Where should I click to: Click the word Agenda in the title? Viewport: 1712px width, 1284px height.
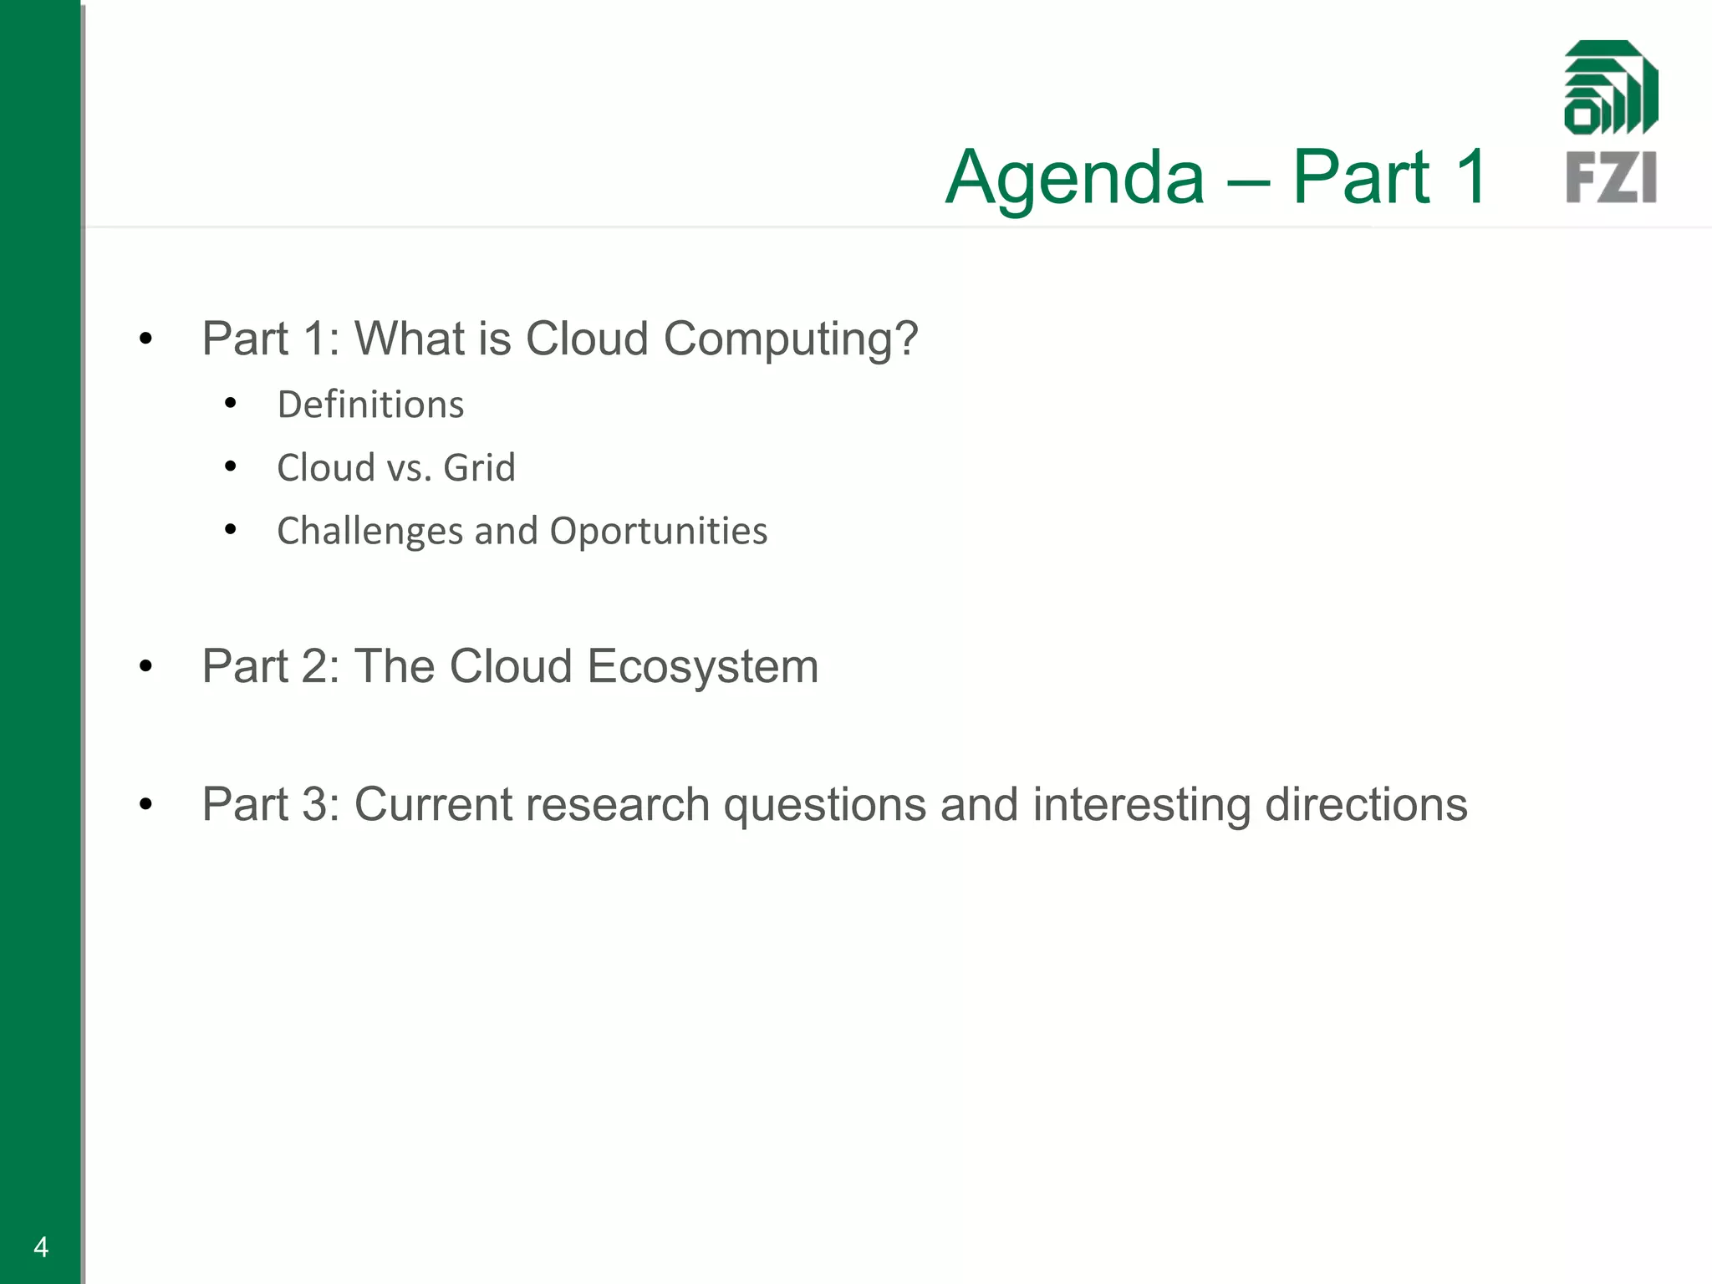pos(1075,178)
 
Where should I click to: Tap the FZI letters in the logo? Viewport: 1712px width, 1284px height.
pos(1611,177)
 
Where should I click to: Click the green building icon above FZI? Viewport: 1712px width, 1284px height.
pos(1611,88)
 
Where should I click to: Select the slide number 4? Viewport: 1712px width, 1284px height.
pos(41,1247)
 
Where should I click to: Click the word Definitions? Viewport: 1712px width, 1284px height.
pos(370,405)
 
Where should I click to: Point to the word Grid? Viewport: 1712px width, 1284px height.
pos(479,468)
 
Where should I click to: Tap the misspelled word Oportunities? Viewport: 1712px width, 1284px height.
pos(659,532)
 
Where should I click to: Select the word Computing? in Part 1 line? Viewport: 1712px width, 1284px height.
pos(791,340)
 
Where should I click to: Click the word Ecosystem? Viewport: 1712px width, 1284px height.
pos(702,667)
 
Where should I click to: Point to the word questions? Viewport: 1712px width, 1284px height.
pos(824,805)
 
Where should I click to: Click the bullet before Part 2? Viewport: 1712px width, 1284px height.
pos(146,666)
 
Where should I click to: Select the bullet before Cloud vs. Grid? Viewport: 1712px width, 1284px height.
pos(231,466)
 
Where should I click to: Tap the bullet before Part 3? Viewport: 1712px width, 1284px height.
pos(146,804)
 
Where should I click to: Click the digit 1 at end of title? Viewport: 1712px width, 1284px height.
pos(1470,176)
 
